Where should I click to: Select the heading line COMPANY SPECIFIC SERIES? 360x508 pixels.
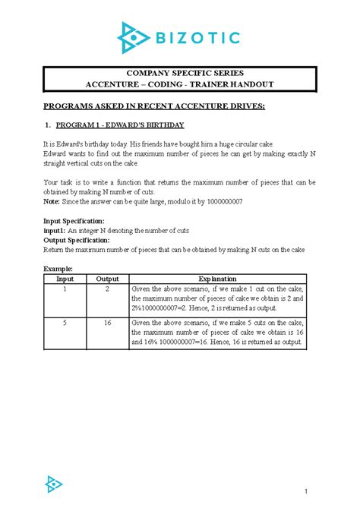(179, 74)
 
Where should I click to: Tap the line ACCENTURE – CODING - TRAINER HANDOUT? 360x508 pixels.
(179, 84)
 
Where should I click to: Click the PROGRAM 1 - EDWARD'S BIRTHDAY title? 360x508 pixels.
(120, 125)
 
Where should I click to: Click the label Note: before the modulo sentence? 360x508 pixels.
(52, 201)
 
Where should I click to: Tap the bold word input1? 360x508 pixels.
(55, 230)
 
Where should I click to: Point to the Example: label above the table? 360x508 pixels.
(58, 269)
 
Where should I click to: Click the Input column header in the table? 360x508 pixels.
(65, 279)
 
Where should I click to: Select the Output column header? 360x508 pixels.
(107, 279)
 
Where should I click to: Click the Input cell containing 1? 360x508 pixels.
(65, 289)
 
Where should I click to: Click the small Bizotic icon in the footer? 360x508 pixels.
(54, 483)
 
